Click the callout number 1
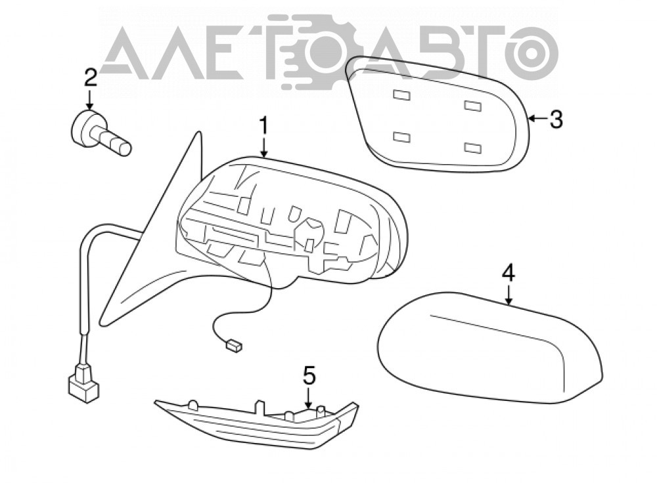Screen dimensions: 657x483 click(x=263, y=125)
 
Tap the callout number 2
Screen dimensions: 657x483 click(x=90, y=77)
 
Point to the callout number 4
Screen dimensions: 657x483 click(x=509, y=274)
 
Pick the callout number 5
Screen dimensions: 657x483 click(x=308, y=375)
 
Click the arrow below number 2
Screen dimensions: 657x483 click(x=89, y=100)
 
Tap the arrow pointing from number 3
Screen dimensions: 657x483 click(x=538, y=119)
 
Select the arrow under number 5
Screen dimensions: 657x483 click(x=308, y=398)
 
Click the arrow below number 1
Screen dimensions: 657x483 click(x=263, y=148)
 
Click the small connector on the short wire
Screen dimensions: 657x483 click(x=233, y=345)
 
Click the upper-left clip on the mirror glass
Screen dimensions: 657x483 click(x=402, y=95)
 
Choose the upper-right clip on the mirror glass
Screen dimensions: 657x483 click(x=472, y=105)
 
